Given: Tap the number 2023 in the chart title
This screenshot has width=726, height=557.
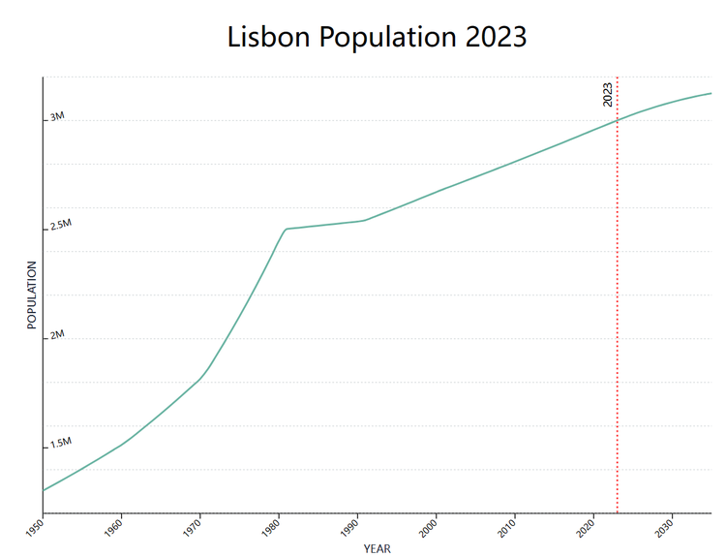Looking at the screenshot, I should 496,37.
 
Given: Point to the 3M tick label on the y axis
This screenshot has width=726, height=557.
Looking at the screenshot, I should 57,116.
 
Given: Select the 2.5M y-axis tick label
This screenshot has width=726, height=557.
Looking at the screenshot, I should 61,225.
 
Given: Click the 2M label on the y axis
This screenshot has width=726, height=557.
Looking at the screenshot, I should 57,334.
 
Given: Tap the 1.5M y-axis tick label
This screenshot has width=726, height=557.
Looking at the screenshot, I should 61,443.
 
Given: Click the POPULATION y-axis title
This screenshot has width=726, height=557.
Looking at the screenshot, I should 31,294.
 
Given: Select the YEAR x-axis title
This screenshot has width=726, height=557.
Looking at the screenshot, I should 377,548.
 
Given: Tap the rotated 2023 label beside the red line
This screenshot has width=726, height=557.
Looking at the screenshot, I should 608,94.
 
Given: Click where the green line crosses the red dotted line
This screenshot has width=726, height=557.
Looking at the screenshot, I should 618,119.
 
